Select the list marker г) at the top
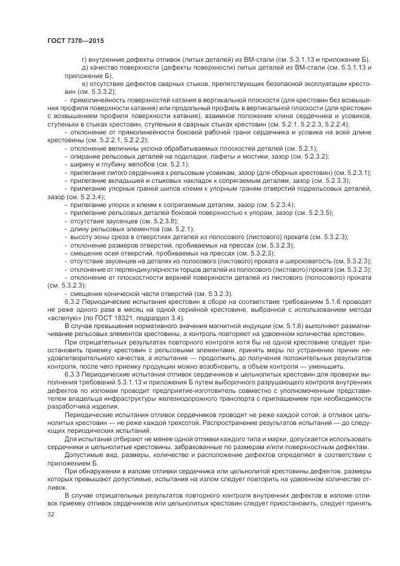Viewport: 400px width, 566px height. [84, 59]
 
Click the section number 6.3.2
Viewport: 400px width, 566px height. [74, 301]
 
